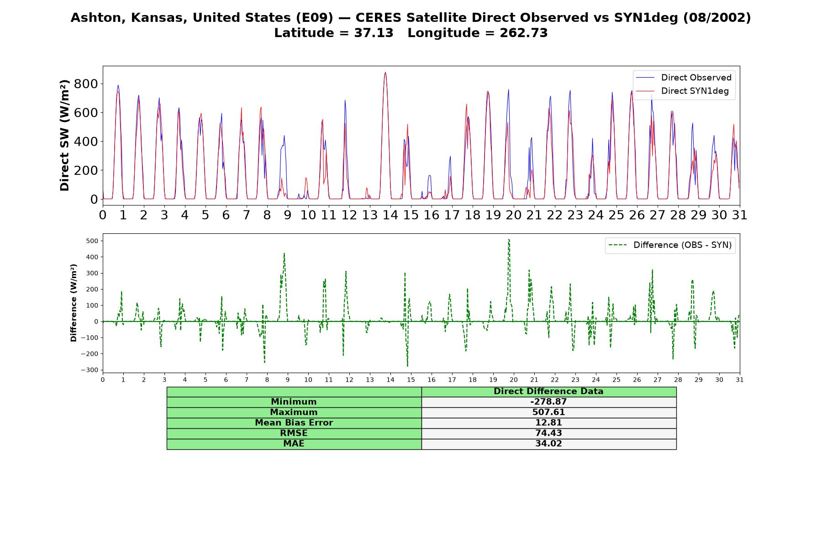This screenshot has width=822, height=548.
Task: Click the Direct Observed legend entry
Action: pos(684,78)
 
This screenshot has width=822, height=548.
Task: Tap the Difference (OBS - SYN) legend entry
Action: pos(670,245)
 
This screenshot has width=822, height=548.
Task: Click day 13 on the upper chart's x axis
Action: pos(370,215)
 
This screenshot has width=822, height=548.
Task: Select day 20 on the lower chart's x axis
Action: pos(514,379)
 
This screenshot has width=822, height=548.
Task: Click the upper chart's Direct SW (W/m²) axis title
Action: pos(64,135)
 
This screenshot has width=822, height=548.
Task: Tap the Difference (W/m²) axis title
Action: pos(74,303)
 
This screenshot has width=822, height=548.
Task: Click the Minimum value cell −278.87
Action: pos(548,402)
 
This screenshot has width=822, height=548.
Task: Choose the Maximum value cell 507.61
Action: pos(548,412)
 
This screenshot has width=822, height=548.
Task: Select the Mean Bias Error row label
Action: pos(294,423)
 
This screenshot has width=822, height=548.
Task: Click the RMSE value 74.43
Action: pos(548,433)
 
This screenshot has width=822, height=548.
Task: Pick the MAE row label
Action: pos(294,444)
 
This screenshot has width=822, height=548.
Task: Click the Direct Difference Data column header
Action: pos(548,391)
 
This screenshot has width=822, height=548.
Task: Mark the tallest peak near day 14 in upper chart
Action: pos(385,72)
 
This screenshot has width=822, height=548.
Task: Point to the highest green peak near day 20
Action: pos(509,239)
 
